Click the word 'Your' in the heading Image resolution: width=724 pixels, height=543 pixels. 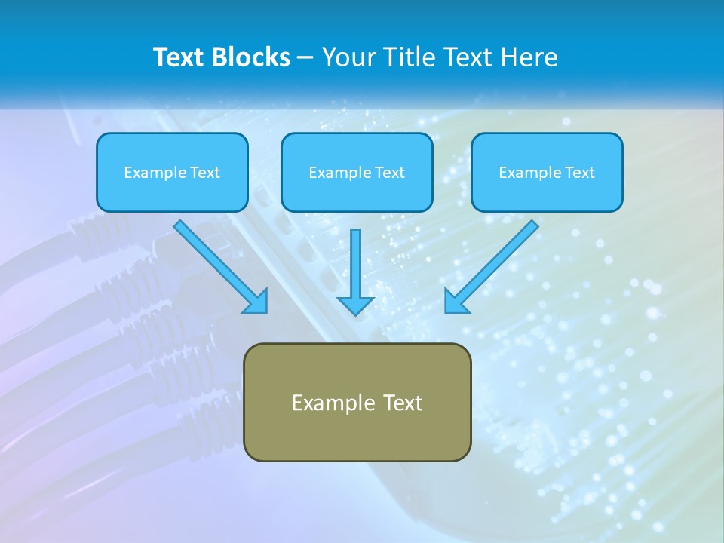pyautogui.click(x=348, y=57)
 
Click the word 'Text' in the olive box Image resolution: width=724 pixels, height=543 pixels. pyautogui.click(x=403, y=403)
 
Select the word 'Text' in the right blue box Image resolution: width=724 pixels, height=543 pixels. pyautogui.click(x=580, y=173)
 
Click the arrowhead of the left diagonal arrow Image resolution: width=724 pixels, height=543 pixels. pyautogui.click(x=256, y=302)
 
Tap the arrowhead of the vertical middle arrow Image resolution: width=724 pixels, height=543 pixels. pyautogui.click(x=356, y=305)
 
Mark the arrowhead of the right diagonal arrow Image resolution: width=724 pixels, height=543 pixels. pyautogui.click(x=456, y=302)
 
